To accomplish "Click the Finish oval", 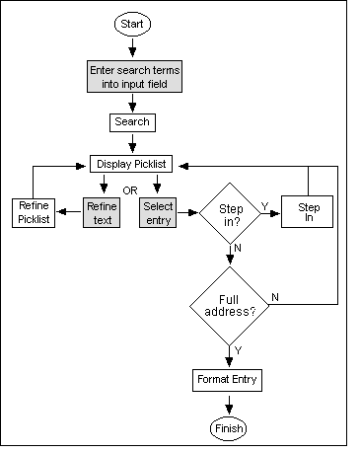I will [x=229, y=428].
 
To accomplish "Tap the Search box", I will [x=131, y=122].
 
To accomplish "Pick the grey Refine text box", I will [x=102, y=213].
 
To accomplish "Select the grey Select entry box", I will [x=158, y=213].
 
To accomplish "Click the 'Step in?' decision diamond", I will [x=229, y=213].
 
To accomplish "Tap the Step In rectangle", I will [x=309, y=213].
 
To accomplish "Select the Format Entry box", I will [x=229, y=378].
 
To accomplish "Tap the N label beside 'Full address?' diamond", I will [x=274, y=296].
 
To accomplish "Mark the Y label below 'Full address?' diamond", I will [x=238, y=349].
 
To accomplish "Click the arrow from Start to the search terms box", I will [x=131, y=46].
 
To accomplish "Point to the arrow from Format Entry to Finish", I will [x=229, y=404].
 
